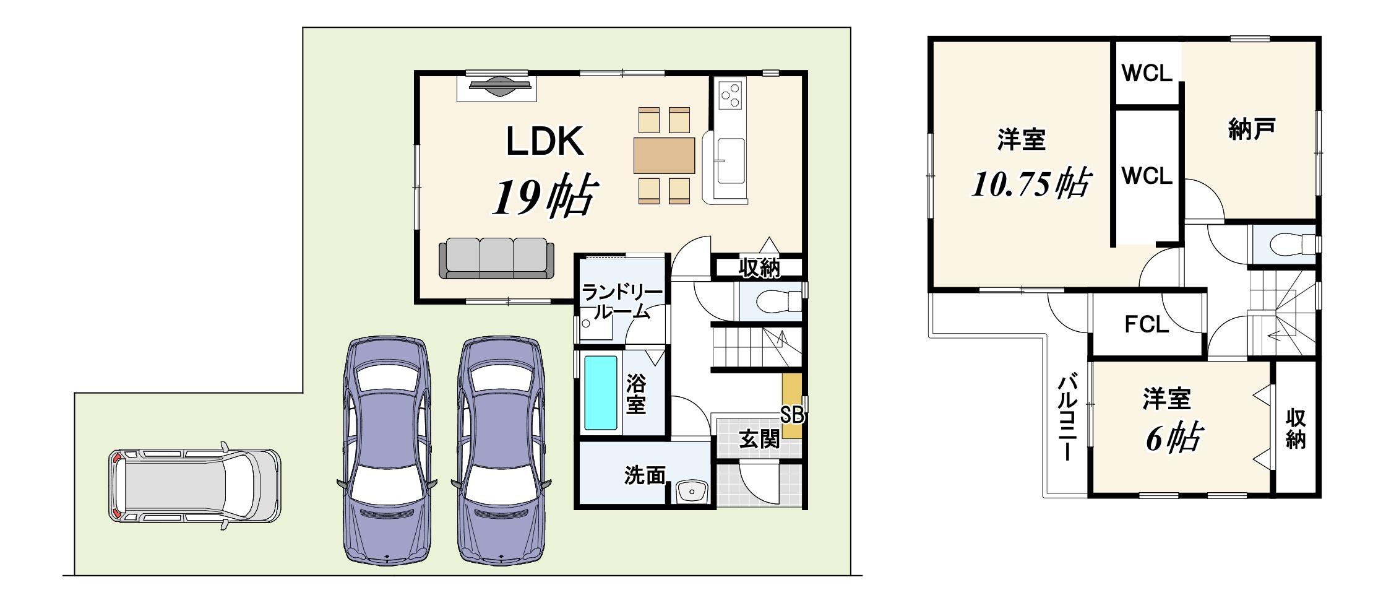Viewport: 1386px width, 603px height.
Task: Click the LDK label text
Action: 545,141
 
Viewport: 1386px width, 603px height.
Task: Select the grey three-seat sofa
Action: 496,259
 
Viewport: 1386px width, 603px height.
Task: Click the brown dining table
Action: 664,155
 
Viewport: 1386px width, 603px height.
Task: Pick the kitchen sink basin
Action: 730,160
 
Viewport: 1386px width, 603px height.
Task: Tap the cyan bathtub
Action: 601,393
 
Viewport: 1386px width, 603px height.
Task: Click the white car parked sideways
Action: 195,485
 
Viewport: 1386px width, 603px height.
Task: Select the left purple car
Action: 387,451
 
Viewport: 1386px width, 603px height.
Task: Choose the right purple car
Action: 501,451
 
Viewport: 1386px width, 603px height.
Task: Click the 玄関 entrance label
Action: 759,439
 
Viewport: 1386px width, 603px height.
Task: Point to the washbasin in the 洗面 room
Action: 692,492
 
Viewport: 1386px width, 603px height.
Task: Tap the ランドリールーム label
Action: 622,301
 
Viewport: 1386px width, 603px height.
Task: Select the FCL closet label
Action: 1147,324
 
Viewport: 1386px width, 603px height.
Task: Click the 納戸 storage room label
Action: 1251,129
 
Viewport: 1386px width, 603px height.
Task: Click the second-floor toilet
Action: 1293,244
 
